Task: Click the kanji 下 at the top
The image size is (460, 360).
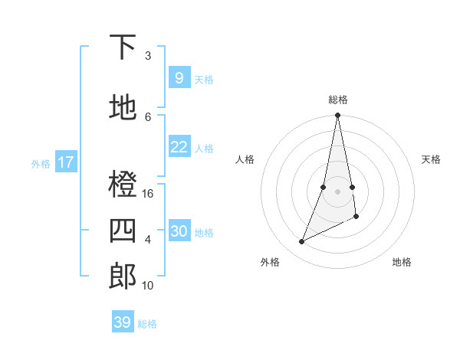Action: [123, 47]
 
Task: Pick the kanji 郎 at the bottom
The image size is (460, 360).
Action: [123, 276]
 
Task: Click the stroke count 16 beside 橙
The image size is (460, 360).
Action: [148, 194]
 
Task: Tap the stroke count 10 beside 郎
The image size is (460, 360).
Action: [148, 286]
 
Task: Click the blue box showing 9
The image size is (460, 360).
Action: [179, 77]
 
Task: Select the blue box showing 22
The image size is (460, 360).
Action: [179, 147]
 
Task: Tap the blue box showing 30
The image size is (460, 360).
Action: [179, 231]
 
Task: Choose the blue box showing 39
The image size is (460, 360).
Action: [123, 322]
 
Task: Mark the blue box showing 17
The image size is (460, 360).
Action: [66, 162]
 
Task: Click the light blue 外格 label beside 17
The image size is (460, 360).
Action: [41, 163]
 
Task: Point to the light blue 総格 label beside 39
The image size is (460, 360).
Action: [148, 324]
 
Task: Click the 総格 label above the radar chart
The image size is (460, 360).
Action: [338, 100]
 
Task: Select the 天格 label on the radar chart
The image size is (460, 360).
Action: [431, 159]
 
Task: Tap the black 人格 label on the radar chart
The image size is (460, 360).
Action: [245, 159]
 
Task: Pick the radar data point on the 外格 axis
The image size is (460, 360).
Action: [302, 242]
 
